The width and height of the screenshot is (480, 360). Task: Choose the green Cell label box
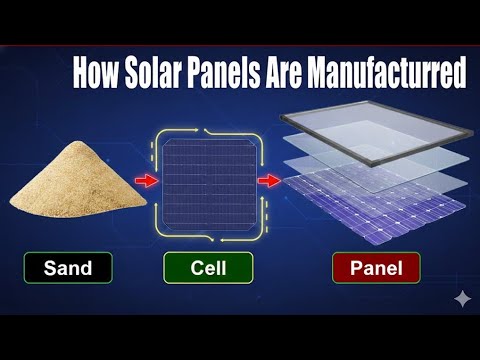point(210,268)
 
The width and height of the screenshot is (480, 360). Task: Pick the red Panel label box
point(376,268)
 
